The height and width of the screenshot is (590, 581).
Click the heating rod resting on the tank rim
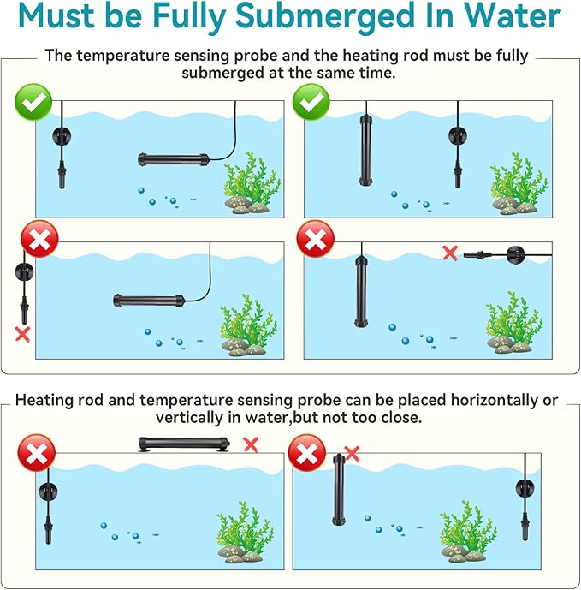(184, 444)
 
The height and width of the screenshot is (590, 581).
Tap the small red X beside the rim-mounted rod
(251, 444)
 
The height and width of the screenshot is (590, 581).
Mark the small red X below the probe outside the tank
(22, 334)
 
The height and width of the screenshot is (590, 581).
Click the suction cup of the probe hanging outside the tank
(24, 271)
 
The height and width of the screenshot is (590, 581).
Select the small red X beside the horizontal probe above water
(450, 253)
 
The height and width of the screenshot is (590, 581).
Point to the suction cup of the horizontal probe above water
(515, 254)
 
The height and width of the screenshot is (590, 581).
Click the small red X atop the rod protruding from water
(352, 453)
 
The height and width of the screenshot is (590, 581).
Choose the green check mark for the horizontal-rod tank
(33, 102)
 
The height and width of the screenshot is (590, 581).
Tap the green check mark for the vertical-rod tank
(311, 102)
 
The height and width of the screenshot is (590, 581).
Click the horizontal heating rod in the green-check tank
(174, 159)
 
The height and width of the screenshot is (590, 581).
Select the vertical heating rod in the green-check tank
(365, 151)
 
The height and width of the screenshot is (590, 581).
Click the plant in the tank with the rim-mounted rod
(245, 532)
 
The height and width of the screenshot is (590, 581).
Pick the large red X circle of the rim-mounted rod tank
(37, 453)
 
